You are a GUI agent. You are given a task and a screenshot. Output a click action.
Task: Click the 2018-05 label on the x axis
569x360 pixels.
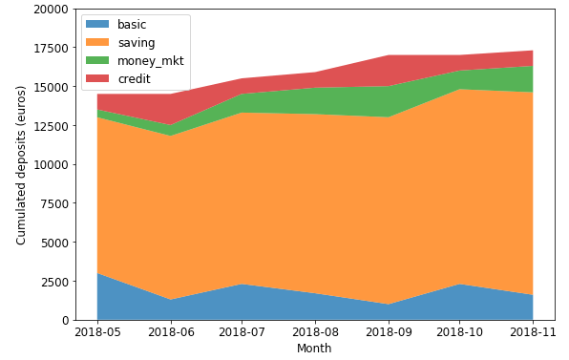pyautogui.click(x=97, y=332)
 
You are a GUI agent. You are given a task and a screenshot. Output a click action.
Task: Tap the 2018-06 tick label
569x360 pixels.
pyautogui.click(x=171, y=332)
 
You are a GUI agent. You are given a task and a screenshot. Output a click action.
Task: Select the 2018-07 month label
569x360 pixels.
pyautogui.click(x=242, y=332)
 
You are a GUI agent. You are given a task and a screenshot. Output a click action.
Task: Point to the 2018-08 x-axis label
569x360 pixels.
pyautogui.click(x=315, y=332)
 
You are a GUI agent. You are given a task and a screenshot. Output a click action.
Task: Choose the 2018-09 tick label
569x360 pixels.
pyautogui.click(x=389, y=332)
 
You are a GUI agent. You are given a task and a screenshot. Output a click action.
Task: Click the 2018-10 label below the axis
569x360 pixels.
pyautogui.click(x=460, y=332)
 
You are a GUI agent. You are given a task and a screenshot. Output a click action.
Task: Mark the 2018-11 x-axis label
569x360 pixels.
pyautogui.click(x=533, y=332)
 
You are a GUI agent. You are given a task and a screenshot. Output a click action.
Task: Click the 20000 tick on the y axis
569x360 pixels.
pyautogui.click(x=52, y=10)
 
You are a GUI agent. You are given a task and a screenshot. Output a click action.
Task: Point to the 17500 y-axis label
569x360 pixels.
pyautogui.click(x=52, y=48)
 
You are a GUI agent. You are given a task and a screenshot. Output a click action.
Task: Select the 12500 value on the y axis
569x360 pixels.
pyautogui.click(x=52, y=126)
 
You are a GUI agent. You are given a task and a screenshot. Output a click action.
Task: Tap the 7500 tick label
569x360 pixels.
pyautogui.click(x=54, y=204)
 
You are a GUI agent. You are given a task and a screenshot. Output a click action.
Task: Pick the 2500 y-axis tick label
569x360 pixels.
pyautogui.click(x=54, y=282)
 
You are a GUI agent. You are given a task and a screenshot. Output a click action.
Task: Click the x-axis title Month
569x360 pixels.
pyautogui.click(x=314, y=348)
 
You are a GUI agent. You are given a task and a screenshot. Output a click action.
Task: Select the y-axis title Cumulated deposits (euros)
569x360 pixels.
pyautogui.click(x=21, y=165)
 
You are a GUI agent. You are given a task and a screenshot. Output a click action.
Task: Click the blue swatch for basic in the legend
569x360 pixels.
pyautogui.click(x=97, y=24)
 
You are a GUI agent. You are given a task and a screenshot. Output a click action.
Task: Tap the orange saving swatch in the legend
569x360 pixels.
pyautogui.click(x=97, y=42)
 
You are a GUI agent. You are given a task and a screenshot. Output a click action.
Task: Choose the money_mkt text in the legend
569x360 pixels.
pyautogui.click(x=151, y=61)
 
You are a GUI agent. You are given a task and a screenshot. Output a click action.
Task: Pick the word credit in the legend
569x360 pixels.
pyautogui.click(x=135, y=78)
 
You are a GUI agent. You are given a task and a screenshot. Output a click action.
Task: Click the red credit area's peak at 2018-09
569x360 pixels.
pyautogui.click(x=389, y=55)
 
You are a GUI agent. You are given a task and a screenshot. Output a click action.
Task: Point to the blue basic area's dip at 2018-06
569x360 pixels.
pyautogui.click(x=171, y=300)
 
